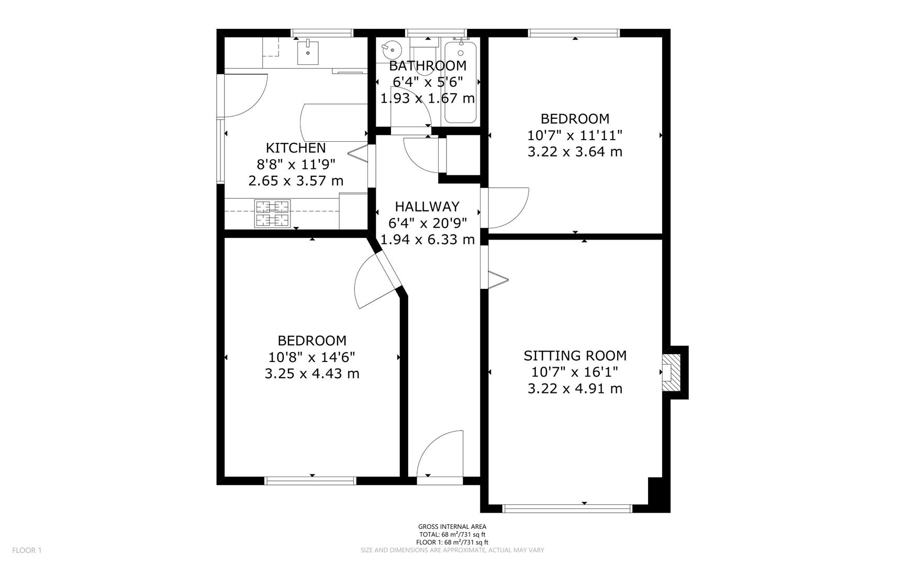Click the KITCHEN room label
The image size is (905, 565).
(296, 148)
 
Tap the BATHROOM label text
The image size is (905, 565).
(427, 66)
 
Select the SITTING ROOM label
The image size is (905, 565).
(575, 356)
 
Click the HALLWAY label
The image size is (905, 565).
(427, 207)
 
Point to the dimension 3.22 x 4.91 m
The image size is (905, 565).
(575, 389)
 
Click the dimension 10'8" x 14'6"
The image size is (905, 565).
(312, 357)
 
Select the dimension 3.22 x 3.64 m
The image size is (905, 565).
(575, 152)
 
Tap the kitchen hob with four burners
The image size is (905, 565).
(272, 213)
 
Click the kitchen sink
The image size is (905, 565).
(308, 52)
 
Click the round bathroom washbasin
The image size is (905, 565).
(391, 50)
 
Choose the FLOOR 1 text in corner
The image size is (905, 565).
(27, 550)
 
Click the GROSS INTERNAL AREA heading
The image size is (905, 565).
(452, 527)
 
